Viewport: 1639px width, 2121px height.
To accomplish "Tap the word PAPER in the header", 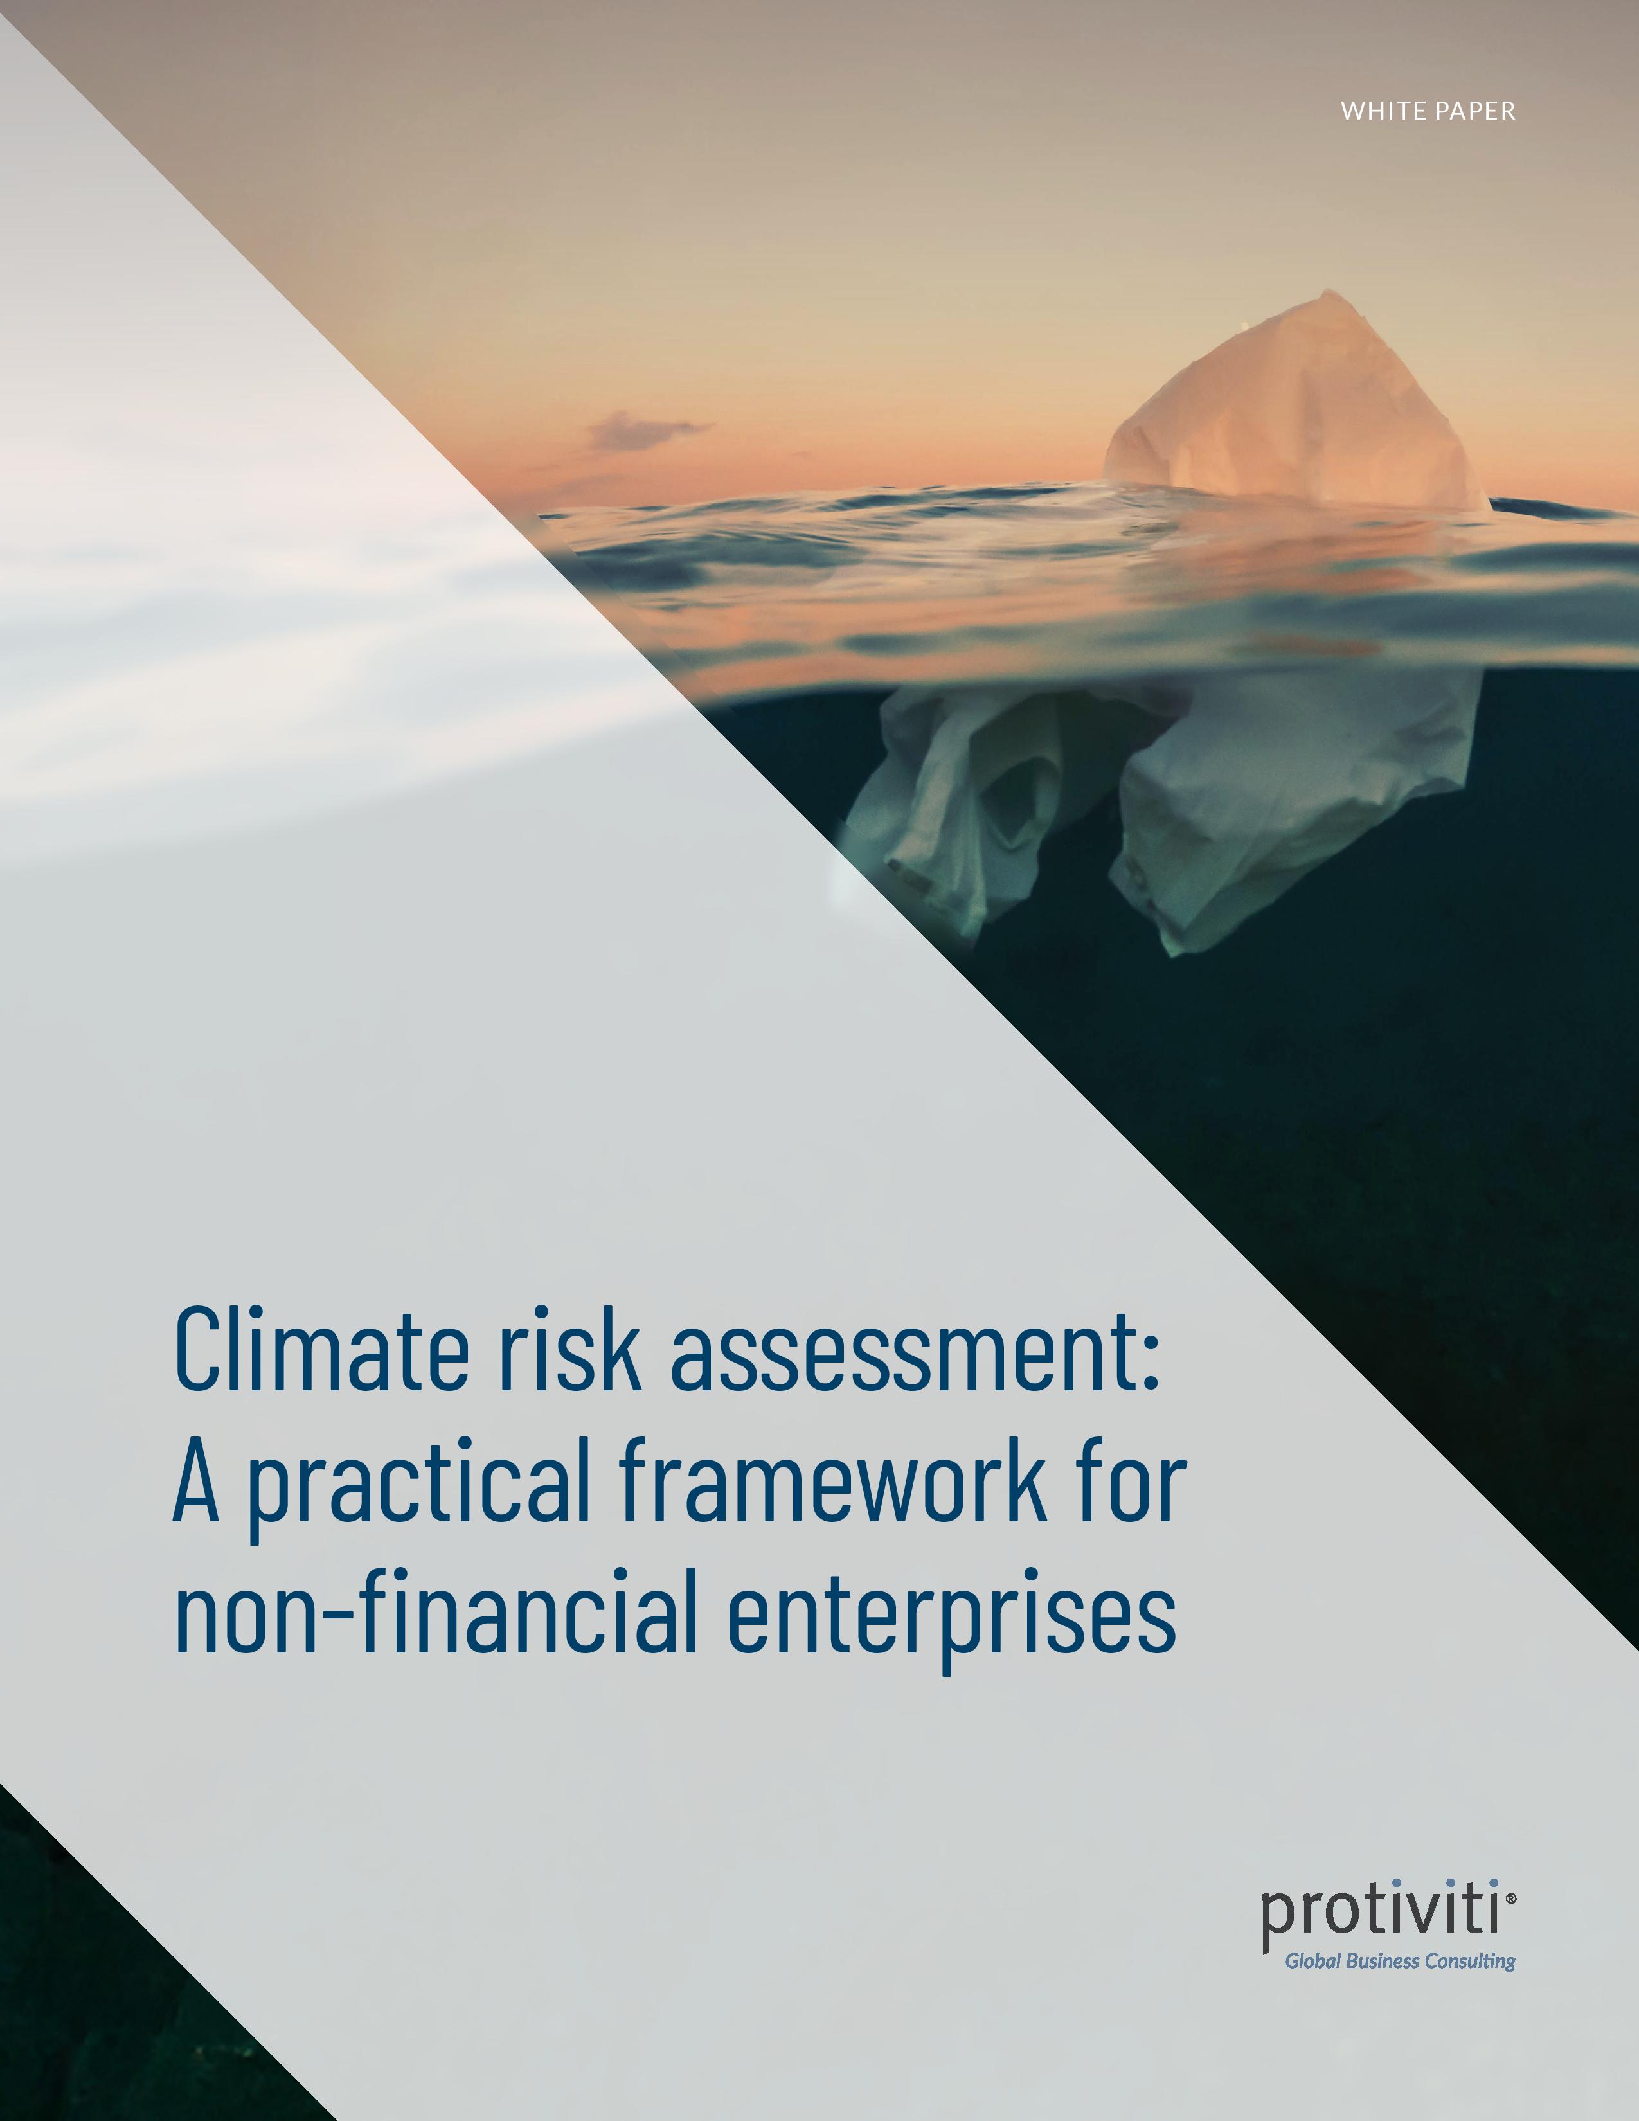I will [x=1478, y=112].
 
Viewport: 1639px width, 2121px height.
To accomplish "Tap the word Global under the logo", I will [x=1312, y=1961].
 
